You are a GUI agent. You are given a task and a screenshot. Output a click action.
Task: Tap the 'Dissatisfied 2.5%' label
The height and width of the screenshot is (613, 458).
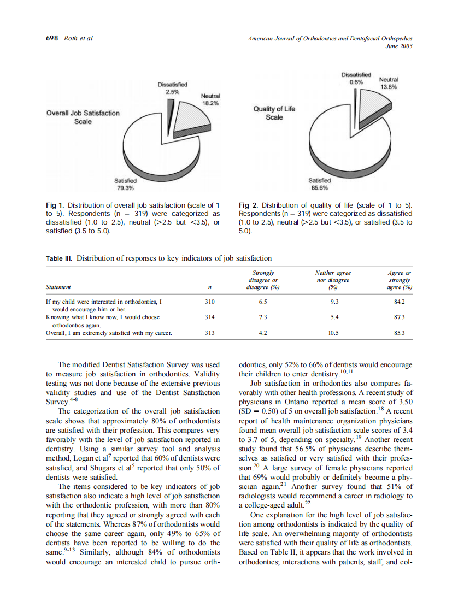[x=172, y=88]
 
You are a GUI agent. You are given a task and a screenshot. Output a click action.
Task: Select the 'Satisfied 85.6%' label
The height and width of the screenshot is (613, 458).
[x=319, y=184]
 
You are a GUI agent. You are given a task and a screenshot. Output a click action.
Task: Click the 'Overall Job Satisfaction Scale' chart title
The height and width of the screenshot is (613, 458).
[x=83, y=117]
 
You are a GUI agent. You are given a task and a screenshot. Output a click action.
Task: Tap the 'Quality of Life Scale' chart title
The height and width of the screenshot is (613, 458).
[x=274, y=113]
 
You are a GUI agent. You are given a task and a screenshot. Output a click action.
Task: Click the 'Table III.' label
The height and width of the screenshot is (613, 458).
[x=59, y=258]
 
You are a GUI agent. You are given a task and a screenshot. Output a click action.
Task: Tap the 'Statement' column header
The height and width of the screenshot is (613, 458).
[x=58, y=287]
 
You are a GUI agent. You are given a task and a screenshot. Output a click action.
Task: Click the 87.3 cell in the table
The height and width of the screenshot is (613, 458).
[x=399, y=316]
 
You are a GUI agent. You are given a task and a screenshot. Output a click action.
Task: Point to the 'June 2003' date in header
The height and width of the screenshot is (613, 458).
[x=400, y=46]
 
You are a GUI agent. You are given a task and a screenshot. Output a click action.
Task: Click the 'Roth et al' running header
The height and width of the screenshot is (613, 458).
[x=78, y=38]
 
